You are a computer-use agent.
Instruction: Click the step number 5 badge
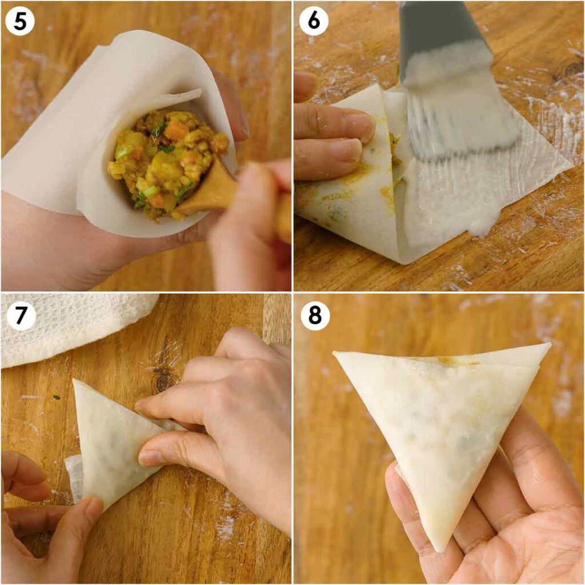point(20,21)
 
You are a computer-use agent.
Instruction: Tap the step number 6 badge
point(314,21)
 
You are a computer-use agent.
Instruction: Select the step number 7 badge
point(20,315)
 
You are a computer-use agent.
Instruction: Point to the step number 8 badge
point(314,315)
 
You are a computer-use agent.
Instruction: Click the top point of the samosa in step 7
point(76,382)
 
